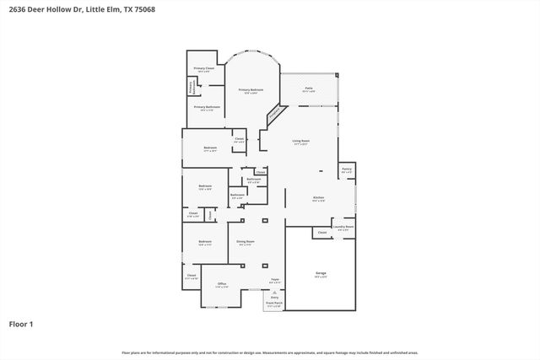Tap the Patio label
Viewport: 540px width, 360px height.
309,88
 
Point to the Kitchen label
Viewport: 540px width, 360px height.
318,198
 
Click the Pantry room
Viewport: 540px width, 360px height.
346,171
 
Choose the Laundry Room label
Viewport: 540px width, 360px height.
343,227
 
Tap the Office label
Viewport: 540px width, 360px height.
222,284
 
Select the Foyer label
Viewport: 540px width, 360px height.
274,279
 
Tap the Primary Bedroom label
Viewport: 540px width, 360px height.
251,90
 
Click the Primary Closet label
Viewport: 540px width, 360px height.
204,68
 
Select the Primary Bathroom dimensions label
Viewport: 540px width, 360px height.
207,110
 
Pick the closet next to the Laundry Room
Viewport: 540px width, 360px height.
321,233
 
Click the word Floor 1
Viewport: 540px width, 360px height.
21,324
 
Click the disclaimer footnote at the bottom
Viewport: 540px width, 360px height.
270,352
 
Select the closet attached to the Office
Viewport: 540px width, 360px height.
192,276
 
